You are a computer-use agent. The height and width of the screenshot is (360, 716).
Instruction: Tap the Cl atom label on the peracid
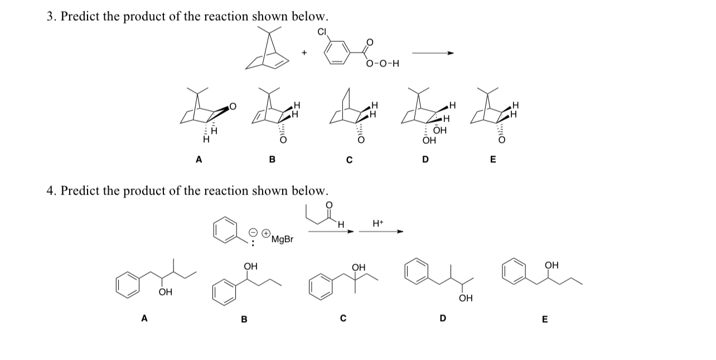(322, 32)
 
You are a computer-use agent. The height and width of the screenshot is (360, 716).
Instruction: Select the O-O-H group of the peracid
(383, 64)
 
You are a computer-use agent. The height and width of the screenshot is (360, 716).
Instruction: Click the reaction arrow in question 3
(433, 53)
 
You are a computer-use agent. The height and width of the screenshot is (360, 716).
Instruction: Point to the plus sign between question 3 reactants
(304, 53)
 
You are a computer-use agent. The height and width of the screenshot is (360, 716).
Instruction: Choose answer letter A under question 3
(198, 160)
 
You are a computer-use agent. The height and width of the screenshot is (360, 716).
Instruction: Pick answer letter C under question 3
(349, 160)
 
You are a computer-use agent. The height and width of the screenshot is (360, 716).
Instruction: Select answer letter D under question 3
(425, 160)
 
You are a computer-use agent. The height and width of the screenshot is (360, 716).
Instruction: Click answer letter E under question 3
(492, 160)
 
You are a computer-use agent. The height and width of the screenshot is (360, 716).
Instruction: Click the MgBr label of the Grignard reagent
(282, 240)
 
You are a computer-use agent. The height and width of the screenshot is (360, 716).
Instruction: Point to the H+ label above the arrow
(378, 223)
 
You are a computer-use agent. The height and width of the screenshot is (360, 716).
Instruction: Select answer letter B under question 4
(244, 319)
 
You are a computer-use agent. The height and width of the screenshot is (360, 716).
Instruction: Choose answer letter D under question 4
(442, 319)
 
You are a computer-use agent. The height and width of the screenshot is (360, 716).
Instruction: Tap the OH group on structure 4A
(165, 292)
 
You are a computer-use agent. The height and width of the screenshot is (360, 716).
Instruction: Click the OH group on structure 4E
(551, 265)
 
